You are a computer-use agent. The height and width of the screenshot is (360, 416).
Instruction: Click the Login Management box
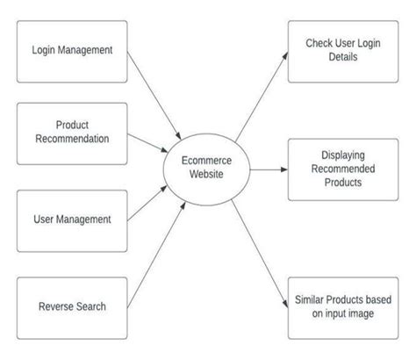click(x=73, y=50)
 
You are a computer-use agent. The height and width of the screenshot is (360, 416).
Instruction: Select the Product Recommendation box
click(x=73, y=132)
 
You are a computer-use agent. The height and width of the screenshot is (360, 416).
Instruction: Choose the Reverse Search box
click(x=73, y=306)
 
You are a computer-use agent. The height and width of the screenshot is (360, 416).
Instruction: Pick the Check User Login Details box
click(x=343, y=51)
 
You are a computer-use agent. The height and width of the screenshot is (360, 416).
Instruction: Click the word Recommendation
click(x=73, y=139)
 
